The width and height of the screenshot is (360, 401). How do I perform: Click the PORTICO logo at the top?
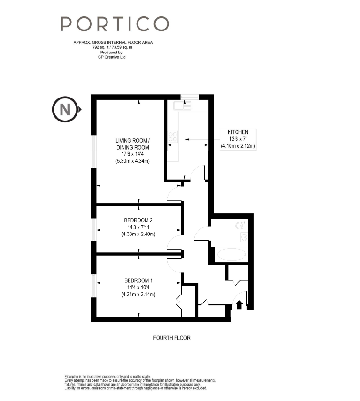115,24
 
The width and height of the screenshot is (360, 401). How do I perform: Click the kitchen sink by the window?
183,106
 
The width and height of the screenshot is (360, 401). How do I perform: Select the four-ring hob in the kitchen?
173,136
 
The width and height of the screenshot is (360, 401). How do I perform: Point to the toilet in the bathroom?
241,225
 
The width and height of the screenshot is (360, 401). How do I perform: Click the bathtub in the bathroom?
231,254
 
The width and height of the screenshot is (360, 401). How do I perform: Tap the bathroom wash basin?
244,237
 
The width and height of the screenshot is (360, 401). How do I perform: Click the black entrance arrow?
239,304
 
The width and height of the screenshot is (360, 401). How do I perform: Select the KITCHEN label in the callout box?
238,132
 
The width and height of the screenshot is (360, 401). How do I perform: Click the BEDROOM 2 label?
138,220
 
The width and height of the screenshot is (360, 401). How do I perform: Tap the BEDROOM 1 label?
138,280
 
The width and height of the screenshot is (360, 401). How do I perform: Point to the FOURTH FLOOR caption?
172,338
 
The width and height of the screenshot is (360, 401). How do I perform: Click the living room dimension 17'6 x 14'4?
132,154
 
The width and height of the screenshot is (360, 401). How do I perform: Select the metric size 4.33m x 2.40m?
138,234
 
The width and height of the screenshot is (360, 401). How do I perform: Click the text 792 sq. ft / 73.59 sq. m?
112,47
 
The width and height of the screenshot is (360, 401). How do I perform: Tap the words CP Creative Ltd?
112,57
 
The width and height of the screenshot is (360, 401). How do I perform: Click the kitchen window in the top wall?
190,97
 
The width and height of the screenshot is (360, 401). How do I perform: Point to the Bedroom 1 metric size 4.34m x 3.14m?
138,295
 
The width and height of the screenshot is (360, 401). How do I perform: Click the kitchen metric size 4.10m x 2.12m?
238,146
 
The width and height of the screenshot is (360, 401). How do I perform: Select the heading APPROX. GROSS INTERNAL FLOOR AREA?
113,43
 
